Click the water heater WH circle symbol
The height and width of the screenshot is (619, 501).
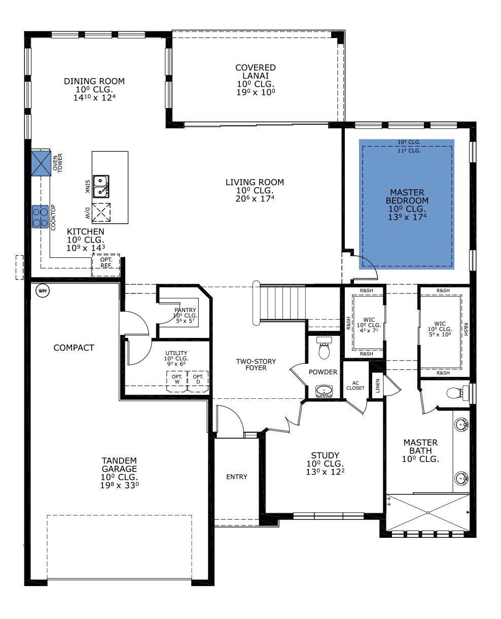pyautogui.click(x=43, y=291)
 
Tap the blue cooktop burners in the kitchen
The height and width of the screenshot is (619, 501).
pyautogui.click(x=41, y=217)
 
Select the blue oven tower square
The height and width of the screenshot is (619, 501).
pyautogui.click(x=41, y=163)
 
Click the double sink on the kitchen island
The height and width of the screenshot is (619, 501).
pyautogui.click(x=101, y=186)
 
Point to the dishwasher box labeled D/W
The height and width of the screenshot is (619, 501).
pyautogui.click(x=101, y=213)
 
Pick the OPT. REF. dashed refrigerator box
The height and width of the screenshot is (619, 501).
pyautogui.click(x=106, y=265)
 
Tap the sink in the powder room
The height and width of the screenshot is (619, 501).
pyautogui.click(x=324, y=391)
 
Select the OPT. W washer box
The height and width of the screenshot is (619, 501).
pyautogui.click(x=177, y=382)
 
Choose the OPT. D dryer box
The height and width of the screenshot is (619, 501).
pyautogui.click(x=198, y=382)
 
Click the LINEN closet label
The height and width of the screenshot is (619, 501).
pyautogui.click(x=378, y=386)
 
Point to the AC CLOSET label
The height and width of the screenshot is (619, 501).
pyautogui.click(x=355, y=385)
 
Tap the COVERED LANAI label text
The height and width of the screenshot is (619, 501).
pyautogui.click(x=256, y=72)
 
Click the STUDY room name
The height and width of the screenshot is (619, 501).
pyautogui.click(x=325, y=456)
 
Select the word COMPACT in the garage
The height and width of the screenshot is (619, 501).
pyautogui.click(x=74, y=348)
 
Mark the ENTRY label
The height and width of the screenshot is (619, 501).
pyautogui.click(x=237, y=477)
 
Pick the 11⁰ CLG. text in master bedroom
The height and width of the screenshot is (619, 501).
pyautogui.click(x=409, y=151)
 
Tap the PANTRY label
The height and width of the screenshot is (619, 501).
pyautogui.click(x=185, y=310)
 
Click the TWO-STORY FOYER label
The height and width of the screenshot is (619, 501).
pyautogui.click(x=256, y=364)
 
